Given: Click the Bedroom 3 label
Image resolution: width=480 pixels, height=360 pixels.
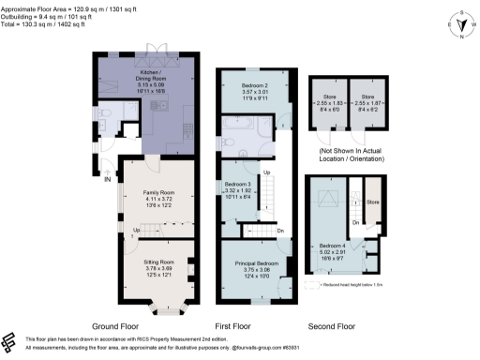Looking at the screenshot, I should pyautogui.click(x=238, y=184).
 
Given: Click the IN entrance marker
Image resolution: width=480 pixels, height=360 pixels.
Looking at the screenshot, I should pyautogui.click(x=108, y=178).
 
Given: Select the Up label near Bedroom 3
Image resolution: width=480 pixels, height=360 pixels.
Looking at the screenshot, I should pyautogui.click(x=266, y=172).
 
